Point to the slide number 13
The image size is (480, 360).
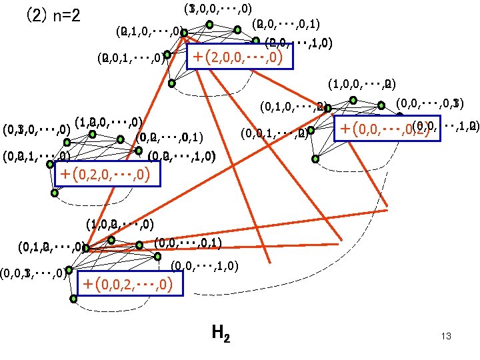[446, 337]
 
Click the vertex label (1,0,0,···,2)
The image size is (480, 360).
[362, 85]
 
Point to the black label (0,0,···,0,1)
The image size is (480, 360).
[188, 243]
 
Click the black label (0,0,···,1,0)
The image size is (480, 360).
[202, 266]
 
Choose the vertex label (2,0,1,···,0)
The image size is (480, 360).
[131, 57]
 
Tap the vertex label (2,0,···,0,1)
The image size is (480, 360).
[287, 25]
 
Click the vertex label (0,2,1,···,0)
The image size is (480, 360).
[37, 157]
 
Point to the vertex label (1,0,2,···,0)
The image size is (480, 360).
[120, 224]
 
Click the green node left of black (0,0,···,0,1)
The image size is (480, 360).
[140, 245]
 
